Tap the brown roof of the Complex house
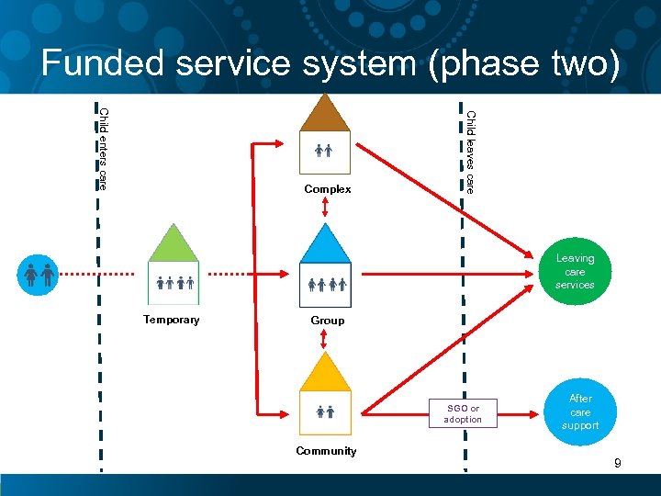pos(326,115)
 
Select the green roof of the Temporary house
pos(174,244)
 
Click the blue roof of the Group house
pos(326,244)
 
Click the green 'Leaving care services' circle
pos(575,271)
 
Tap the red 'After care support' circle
pos(580,411)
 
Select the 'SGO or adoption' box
pos(462,414)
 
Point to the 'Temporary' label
pos(171,320)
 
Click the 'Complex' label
pos(328,189)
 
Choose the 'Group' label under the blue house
pos(328,321)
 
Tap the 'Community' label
pos(326,451)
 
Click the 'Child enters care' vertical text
pos(103,149)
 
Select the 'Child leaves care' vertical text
pos(470,152)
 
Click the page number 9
pos(618,463)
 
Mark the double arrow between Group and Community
pos(324,339)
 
